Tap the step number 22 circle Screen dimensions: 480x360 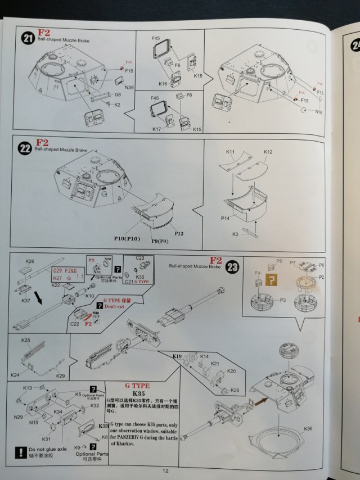[25, 149]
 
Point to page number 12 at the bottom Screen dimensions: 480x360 [165, 471]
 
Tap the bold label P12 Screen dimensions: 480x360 [179, 233]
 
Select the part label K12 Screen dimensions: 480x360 [268, 152]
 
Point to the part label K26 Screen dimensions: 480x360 [30, 261]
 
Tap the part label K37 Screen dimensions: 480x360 [26, 300]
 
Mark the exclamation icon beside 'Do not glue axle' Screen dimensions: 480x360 [20, 451]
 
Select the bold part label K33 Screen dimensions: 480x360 [103, 426]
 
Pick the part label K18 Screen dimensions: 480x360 [197, 75]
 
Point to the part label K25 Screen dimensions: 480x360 [26, 341]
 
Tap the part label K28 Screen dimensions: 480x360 [235, 390]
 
